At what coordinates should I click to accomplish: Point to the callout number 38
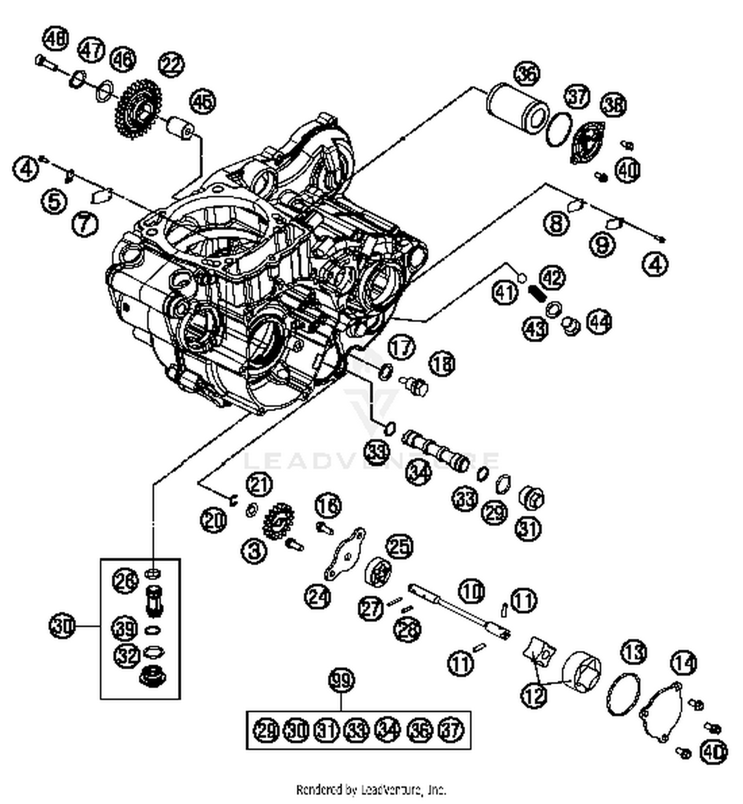coord(614,105)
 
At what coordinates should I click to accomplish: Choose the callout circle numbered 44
coord(599,322)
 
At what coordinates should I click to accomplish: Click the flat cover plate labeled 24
coord(345,555)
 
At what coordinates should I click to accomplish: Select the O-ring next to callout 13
coord(623,694)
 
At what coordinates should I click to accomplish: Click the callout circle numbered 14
coord(684,662)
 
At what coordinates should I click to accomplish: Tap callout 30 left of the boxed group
coord(62,626)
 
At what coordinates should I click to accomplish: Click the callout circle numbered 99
coord(342,680)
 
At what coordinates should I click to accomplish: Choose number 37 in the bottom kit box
coord(451,730)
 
